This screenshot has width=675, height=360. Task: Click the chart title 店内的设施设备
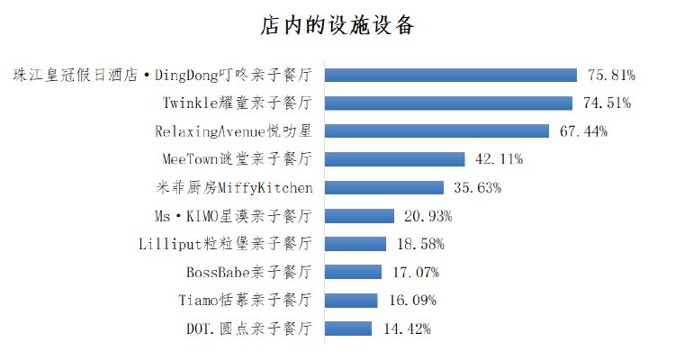(x=337, y=25)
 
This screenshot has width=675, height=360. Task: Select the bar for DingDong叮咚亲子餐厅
(x=450, y=75)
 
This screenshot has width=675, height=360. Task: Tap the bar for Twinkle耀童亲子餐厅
(x=448, y=103)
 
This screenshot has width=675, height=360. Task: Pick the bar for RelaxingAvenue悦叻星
(x=436, y=130)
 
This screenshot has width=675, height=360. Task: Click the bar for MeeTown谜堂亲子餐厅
(x=394, y=159)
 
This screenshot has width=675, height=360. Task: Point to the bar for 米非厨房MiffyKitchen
(x=383, y=187)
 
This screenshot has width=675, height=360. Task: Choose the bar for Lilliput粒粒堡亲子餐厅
(x=355, y=244)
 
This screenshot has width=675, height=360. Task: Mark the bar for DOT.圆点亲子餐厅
(x=347, y=328)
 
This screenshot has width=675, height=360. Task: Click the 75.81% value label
(x=612, y=75)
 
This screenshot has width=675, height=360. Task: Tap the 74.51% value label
(x=606, y=103)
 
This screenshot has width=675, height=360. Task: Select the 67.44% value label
(x=583, y=131)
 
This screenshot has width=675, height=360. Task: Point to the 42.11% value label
(x=499, y=159)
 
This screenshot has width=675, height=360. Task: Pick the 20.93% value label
(x=427, y=216)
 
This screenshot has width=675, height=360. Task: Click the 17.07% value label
(x=415, y=272)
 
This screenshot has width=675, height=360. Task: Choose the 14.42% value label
(x=406, y=328)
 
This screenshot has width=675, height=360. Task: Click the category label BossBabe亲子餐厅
(x=249, y=272)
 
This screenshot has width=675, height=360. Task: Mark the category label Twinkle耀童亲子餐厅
(x=238, y=103)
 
